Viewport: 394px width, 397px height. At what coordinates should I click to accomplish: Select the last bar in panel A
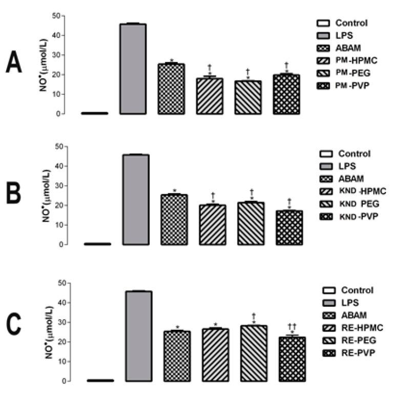tap(286, 94)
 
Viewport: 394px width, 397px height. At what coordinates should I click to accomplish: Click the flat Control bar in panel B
tap(97, 244)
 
